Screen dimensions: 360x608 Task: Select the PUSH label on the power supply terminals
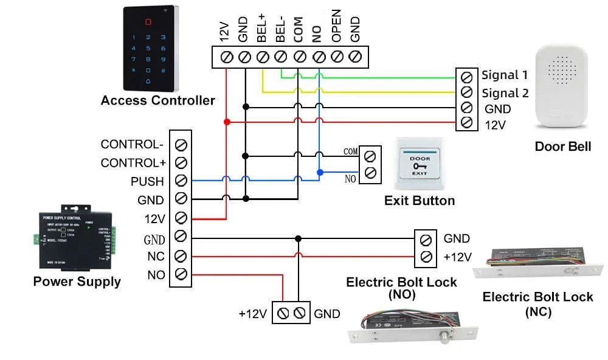pyautogui.click(x=147, y=181)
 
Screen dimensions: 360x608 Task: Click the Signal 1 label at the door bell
pyautogui.click(x=505, y=75)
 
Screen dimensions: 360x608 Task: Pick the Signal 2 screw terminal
pyautogui.click(x=466, y=92)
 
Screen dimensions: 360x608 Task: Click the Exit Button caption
pyautogui.click(x=420, y=201)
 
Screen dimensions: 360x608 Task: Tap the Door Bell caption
pyautogui.click(x=563, y=147)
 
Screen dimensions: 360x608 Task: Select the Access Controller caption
pyautogui.click(x=157, y=100)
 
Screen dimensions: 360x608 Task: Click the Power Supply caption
pyautogui.click(x=77, y=282)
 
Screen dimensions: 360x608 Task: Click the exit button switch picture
pyautogui.click(x=420, y=164)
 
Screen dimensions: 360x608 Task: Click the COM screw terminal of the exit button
pyautogui.click(x=369, y=155)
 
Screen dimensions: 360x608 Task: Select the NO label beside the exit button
pyautogui.click(x=351, y=179)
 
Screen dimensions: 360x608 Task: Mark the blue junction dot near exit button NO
pyautogui.click(x=319, y=172)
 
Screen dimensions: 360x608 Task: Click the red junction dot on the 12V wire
pyautogui.click(x=227, y=122)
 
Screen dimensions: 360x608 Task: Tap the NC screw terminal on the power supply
pyautogui.click(x=181, y=255)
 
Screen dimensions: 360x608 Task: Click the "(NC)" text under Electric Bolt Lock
pyautogui.click(x=538, y=312)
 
